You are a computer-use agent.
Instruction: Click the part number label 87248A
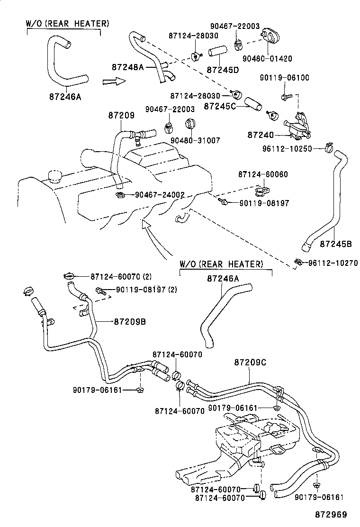click(x=127, y=67)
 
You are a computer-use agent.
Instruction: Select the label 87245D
click(x=222, y=70)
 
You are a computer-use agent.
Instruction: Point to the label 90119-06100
click(x=284, y=78)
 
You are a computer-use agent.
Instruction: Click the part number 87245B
click(x=335, y=244)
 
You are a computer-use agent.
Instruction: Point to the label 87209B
click(x=129, y=321)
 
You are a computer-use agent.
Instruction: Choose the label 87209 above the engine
click(x=121, y=115)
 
